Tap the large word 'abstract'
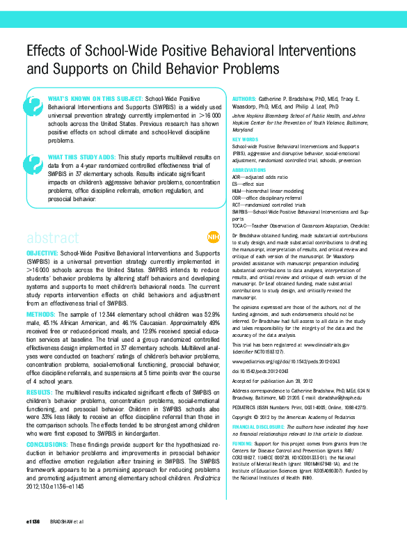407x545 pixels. [x=54, y=237]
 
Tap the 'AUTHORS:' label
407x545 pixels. [x=244, y=100]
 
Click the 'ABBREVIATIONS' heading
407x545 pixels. [x=248, y=169]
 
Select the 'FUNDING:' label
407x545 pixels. [x=243, y=443]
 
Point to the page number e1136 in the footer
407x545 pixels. [x=33, y=521]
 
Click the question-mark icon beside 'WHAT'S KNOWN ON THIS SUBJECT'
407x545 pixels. [x=33, y=106]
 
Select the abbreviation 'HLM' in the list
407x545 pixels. [x=237, y=189]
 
